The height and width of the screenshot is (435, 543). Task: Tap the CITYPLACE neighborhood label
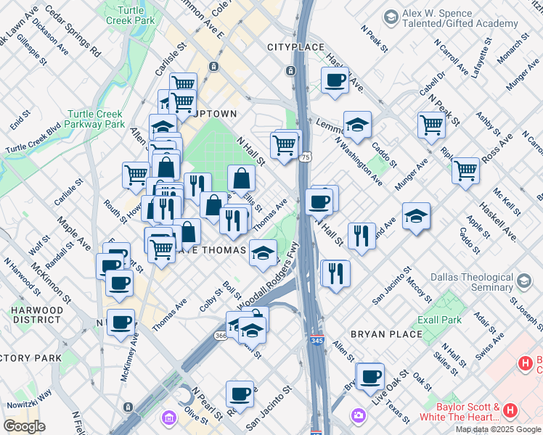coord(295,47)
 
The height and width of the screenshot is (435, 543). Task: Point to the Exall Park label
coord(440,320)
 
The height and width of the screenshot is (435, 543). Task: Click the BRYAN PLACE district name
coord(385,334)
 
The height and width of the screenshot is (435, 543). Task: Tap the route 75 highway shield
coord(306,157)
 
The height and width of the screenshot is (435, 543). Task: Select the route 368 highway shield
coord(221,336)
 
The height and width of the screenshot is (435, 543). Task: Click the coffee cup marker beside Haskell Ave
coord(335,80)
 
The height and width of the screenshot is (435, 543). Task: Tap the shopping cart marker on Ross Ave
coord(465,170)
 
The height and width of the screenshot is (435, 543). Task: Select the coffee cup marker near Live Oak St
coord(370,376)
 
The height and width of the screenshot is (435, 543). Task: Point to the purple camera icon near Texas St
coord(358,415)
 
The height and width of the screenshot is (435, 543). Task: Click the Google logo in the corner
coord(25,426)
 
